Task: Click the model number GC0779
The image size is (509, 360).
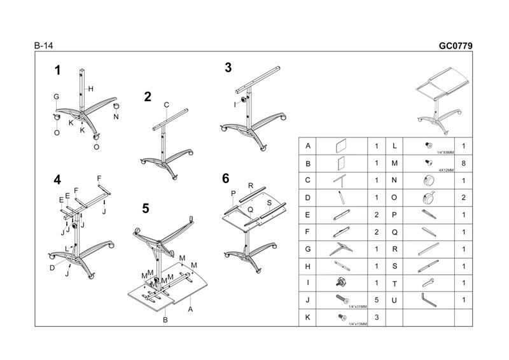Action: point(456,46)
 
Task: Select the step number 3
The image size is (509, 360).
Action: point(228,68)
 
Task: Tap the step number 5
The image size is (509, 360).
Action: point(146,208)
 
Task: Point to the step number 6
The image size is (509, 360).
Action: point(225,177)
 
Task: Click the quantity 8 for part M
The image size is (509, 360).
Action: point(464,163)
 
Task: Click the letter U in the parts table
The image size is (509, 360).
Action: point(395,300)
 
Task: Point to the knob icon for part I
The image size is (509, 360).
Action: point(339,282)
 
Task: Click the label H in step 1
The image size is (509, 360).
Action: point(91,88)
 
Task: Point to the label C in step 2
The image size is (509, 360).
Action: point(166,104)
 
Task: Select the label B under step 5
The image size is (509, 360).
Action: point(165,320)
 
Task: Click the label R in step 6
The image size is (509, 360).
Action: point(251,185)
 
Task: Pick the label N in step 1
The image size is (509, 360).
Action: point(116,117)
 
